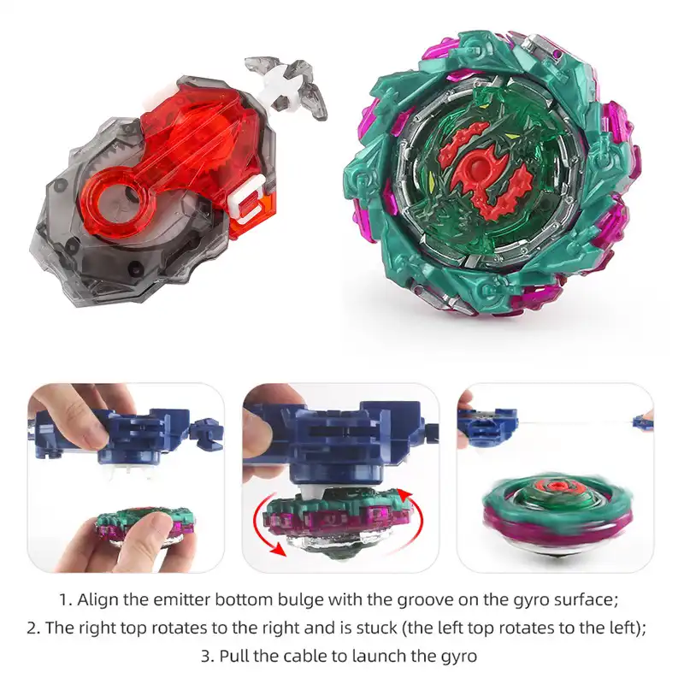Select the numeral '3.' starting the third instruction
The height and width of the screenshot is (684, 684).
[x=208, y=656]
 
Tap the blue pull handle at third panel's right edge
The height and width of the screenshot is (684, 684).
[x=643, y=421]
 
